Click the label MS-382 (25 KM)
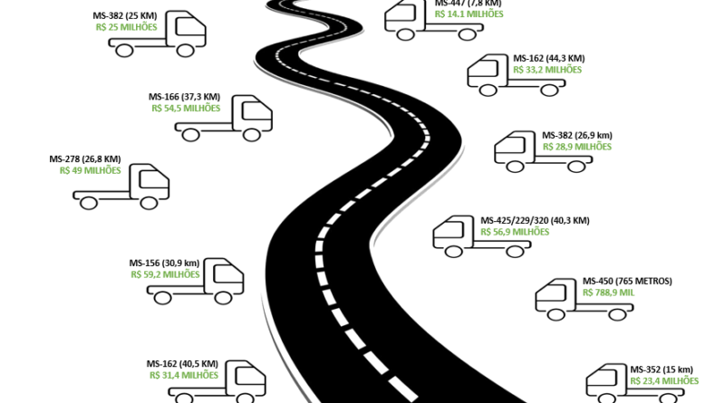click(x=125, y=16)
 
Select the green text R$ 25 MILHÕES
click(x=126, y=27)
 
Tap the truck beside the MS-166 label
click(x=224, y=119)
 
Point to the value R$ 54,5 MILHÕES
click(x=186, y=108)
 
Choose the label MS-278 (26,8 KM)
click(x=85, y=159)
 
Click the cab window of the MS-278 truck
click(x=154, y=178)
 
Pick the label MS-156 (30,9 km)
click(x=164, y=263)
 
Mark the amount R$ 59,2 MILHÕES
click(x=165, y=274)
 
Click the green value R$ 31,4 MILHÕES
click(x=184, y=375)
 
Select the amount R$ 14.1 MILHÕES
click(x=469, y=14)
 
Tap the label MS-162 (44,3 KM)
click(x=549, y=59)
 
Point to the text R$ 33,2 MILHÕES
click(x=547, y=70)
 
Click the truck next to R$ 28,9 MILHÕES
click(x=543, y=151)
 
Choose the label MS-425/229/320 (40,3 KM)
click(x=535, y=221)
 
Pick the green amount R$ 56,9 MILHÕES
click(x=515, y=232)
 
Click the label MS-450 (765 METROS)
click(x=627, y=282)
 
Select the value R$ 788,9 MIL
click(x=608, y=293)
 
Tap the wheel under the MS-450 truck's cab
click(x=556, y=315)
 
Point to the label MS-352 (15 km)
click(x=662, y=369)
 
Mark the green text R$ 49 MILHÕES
click(x=90, y=170)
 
